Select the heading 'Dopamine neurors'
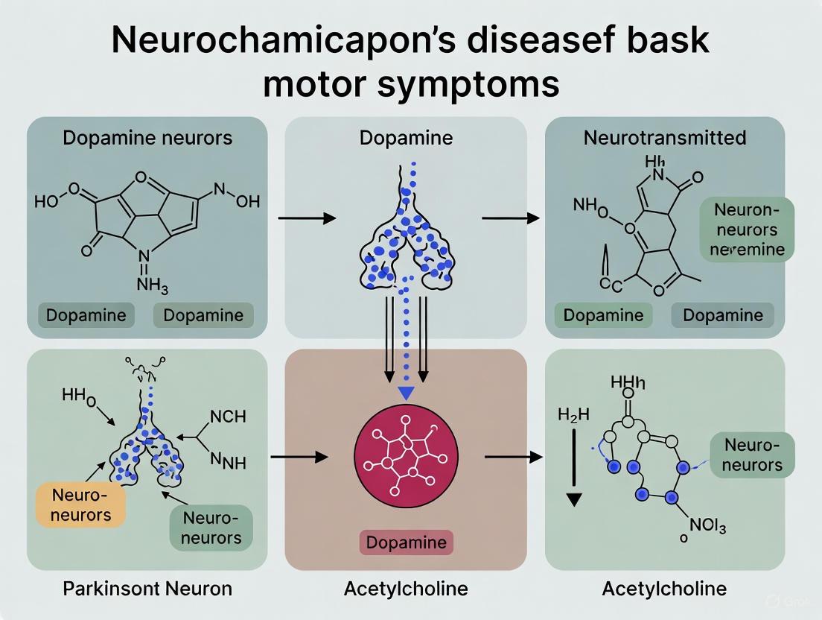147,138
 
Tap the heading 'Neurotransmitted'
664,138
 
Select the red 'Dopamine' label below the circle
406,542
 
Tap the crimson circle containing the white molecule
406,458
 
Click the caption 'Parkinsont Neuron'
147,589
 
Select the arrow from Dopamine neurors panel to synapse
306,218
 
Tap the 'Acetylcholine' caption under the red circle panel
406,589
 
